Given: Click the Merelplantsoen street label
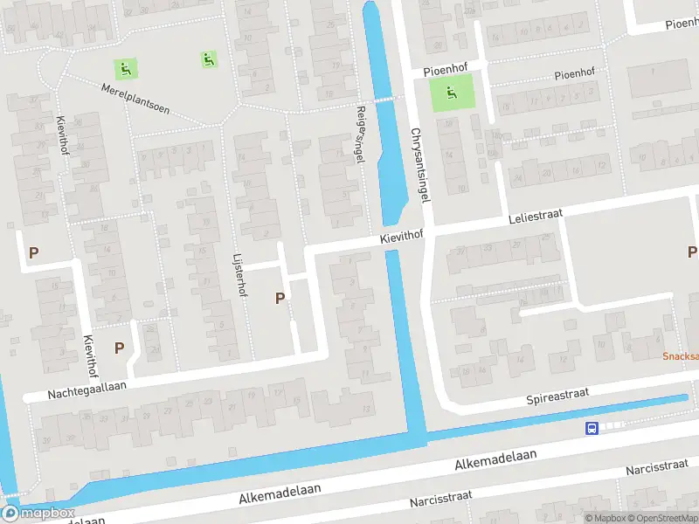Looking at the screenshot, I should point(135,101).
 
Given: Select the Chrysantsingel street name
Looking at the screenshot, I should point(421,166).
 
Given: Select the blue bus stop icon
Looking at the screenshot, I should point(592,428).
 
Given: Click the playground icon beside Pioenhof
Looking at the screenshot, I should point(451,93).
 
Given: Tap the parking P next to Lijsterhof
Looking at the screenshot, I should point(280,298).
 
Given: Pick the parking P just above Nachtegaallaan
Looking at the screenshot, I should point(119,347).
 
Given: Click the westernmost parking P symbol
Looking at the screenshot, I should point(33,253).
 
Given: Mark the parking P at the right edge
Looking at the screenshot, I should point(692,252).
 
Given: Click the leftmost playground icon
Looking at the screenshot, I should point(125,67).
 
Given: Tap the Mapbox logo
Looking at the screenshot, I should point(39,514).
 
